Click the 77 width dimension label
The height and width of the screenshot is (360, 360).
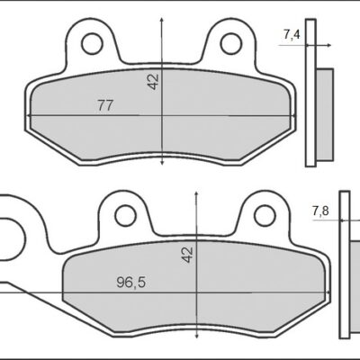point(104,105)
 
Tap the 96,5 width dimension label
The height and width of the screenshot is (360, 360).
point(130,282)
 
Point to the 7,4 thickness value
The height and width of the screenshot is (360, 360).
point(292,35)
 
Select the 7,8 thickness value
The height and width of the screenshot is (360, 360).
point(320,211)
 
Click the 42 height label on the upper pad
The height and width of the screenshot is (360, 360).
point(153,82)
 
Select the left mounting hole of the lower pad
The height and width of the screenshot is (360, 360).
point(125,215)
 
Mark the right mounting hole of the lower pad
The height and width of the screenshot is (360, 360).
point(264,215)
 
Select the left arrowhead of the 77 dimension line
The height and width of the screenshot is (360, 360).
point(32,116)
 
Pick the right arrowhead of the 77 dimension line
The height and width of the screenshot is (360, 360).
point(292,116)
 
